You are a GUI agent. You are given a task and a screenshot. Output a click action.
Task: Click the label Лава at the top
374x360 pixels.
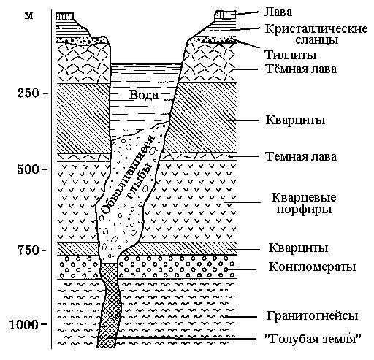(x=278, y=12)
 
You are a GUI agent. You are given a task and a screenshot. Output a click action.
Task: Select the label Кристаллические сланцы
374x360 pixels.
(x=316, y=34)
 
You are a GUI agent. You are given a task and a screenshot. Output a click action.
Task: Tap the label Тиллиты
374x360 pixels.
(x=291, y=55)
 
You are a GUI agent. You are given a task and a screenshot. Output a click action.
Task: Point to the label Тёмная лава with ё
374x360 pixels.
(x=301, y=69)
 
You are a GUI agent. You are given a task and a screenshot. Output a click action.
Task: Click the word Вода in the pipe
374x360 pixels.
(x=144, y=95)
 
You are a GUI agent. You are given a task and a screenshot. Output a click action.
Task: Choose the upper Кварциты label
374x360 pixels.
(x=295, y=120)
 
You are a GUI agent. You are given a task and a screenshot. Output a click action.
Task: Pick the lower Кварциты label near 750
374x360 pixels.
(x=298, y=248)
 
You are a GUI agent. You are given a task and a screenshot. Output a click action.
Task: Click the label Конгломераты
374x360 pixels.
(x=312, y=267)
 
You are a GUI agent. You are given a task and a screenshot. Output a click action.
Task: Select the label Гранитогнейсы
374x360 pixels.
(x=312, y=316)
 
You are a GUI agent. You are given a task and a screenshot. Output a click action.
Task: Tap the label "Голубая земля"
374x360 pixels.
(x=313, y=339)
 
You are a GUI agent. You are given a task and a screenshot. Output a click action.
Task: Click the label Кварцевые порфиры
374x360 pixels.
(x=304, y=204)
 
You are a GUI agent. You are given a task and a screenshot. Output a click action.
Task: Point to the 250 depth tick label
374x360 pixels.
(x=28, y=93)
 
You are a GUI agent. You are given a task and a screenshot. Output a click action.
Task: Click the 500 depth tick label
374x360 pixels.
(x=28, y=169)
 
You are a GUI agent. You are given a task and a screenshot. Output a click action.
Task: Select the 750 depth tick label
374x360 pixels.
(x=28, y=250)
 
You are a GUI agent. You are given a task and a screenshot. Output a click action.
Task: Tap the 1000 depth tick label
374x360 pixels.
(x=24, y=324)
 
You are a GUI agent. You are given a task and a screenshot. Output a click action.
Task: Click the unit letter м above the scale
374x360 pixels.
(x=28, y=16)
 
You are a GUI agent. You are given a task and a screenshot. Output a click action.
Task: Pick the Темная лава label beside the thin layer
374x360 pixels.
(x=301, y=156)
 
